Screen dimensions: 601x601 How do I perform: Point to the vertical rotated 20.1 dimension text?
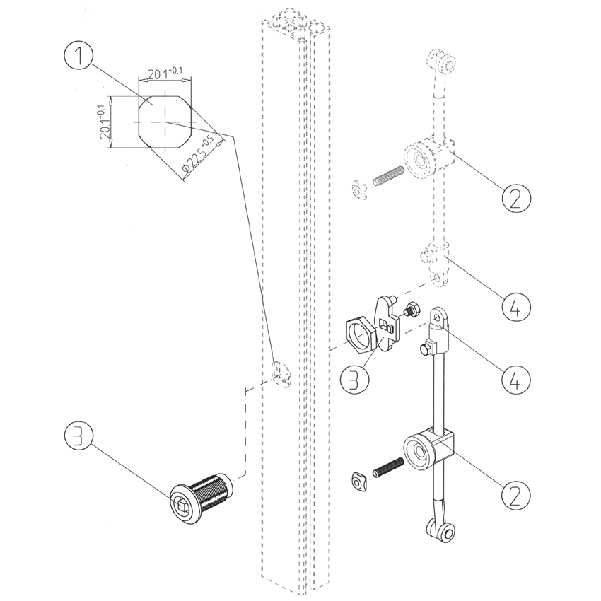click(x=104, y=121)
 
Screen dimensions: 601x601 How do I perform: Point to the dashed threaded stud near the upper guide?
click(x=387, y=176)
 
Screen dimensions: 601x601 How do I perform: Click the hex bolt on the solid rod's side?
click(x=427, y=348)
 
